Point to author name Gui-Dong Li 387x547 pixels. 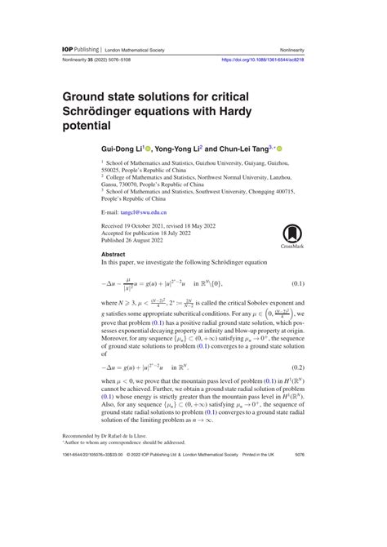(x=122, y=149)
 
